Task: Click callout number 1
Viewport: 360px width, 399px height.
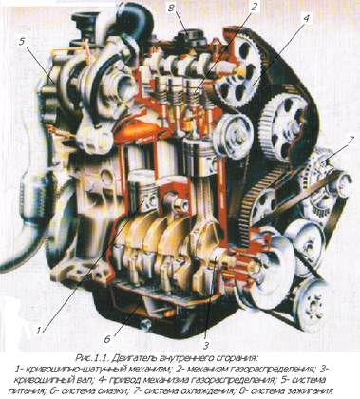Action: [38, 331]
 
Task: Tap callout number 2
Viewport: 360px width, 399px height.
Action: [253, 8]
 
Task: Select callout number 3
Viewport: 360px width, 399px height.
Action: [206, 345]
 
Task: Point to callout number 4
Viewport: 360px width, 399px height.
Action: [306, 18]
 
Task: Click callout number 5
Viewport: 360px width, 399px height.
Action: [22, 42]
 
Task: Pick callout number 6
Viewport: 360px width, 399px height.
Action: [107, 339]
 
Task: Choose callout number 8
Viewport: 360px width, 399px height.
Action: [171, 9]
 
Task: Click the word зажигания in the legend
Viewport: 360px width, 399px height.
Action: [311, 390]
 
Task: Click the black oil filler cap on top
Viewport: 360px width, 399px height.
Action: [187, 39]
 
